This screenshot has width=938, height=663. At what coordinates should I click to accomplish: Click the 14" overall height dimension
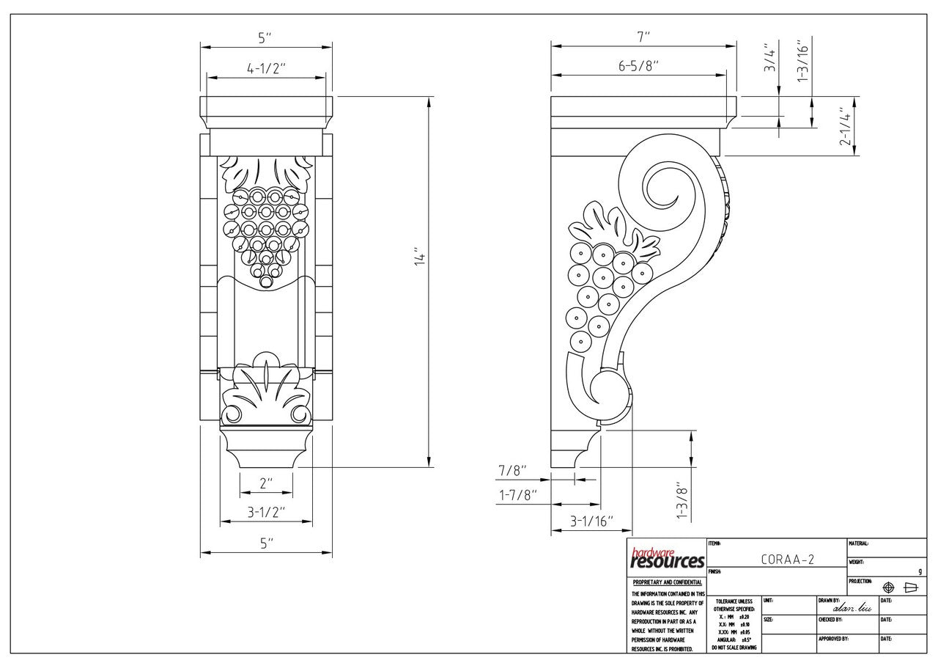[x=420, y=259]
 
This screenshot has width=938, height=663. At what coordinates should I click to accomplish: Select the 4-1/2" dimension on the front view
[x=266, y=67]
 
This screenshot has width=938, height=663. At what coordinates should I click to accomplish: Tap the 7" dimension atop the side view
[x=643, y=36]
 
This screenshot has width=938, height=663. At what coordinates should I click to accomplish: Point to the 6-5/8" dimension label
[x=639, y=66]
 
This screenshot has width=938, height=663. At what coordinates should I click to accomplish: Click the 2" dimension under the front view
[x=265, y=483]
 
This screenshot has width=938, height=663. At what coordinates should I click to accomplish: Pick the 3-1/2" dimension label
[x=265, y=511]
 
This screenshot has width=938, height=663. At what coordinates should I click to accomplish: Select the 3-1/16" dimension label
[x=591, y=521]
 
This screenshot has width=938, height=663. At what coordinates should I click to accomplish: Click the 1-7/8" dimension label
[x=518, y=495]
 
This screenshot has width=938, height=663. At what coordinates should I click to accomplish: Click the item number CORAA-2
[x=787, y=559]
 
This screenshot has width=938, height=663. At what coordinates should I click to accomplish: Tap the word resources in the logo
[x=668, y=563]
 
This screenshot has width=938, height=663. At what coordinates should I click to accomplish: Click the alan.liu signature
[x=849, y=607]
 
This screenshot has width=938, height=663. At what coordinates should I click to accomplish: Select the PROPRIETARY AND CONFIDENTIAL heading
[x=667, y=582]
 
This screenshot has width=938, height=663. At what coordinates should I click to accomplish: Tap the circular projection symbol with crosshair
[x=889, y=587]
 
